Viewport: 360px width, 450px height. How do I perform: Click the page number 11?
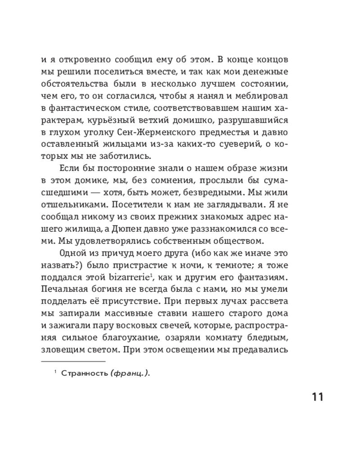point(311,397)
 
